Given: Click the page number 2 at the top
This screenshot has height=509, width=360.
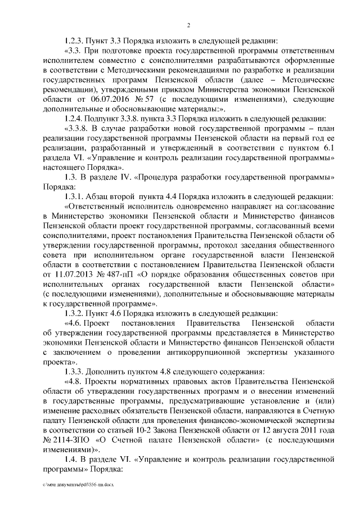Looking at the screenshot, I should coord(188,24).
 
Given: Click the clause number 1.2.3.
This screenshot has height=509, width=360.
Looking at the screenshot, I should coord(75,40).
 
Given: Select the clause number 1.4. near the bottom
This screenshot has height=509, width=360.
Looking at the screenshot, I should coord(71,459).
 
